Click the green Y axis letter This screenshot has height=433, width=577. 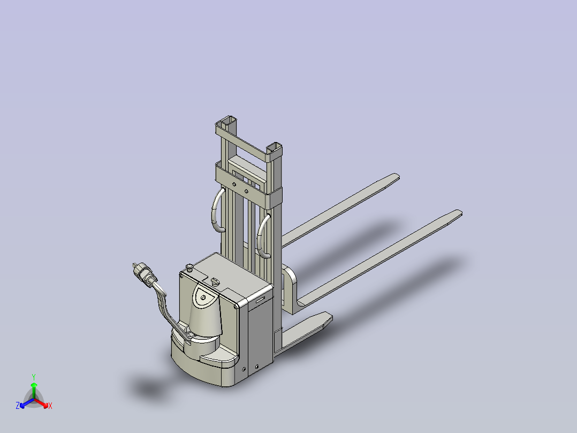coord(34,377)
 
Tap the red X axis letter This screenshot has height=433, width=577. coord(50,406)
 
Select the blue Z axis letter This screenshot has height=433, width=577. coord(18,406)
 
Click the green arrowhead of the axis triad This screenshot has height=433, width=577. coord(34,385)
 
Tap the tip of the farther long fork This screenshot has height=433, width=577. coord(397,176)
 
